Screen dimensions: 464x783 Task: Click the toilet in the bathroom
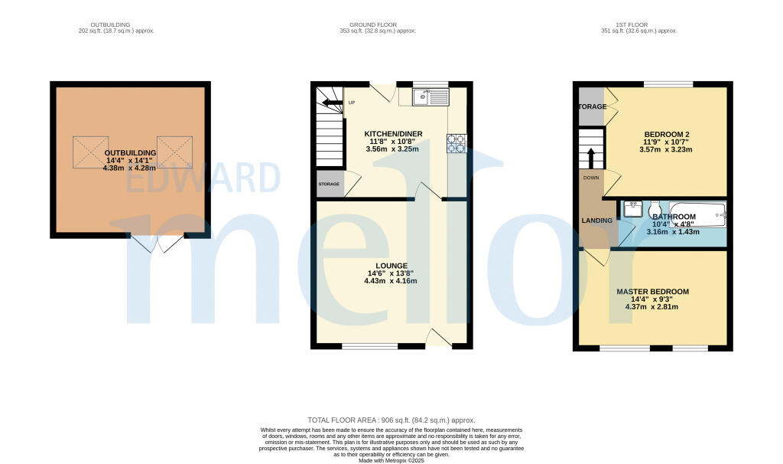click(654, 211)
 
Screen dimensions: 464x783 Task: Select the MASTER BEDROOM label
click(652, 292)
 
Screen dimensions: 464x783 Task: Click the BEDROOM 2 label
click(664, 133)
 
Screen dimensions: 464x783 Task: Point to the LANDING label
click(596, 221)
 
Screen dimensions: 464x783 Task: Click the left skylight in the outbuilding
click(90, 152)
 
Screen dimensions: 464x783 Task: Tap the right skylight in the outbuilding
click(174, 152)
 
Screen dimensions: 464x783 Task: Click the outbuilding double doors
click(158, 244)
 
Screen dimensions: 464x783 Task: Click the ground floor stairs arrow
click(333, 102)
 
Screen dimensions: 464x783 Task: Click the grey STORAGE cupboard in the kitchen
click(330, 184)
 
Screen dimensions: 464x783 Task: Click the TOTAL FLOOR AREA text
click(391, 420)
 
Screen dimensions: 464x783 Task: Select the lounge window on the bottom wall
click(369, 346)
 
